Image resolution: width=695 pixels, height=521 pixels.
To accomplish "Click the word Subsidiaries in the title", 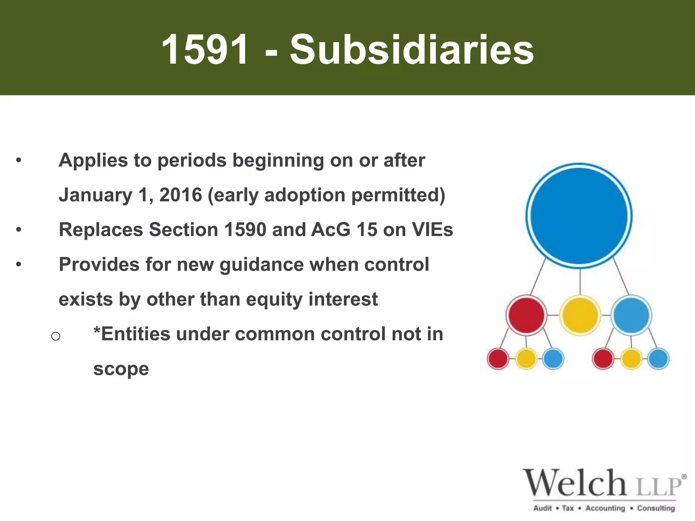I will [412, 50].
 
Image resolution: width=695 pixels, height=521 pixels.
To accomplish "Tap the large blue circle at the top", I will [579, 216].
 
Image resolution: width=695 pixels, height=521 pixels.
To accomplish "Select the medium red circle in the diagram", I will [526, 315].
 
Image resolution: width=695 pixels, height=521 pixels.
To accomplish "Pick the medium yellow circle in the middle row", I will [580, 315].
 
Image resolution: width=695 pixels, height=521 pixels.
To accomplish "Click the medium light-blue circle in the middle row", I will [631, 315].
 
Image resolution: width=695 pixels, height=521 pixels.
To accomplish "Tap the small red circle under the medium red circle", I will [498, 359].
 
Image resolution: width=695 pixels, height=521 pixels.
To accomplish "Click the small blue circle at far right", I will [658, 359].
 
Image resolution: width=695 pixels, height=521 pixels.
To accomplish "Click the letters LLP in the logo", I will [658, 486].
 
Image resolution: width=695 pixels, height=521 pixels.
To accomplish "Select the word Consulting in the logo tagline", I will [656, 508].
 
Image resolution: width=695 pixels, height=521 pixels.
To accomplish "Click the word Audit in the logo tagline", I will [543, 508].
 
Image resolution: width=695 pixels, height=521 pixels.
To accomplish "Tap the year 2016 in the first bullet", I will [181, 195].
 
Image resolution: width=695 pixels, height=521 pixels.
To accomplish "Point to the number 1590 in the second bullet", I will [245, 230].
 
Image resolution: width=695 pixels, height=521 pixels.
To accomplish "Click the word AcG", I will [331, 230].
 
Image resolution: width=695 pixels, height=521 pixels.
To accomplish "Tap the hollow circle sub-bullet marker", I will [56, 336].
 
